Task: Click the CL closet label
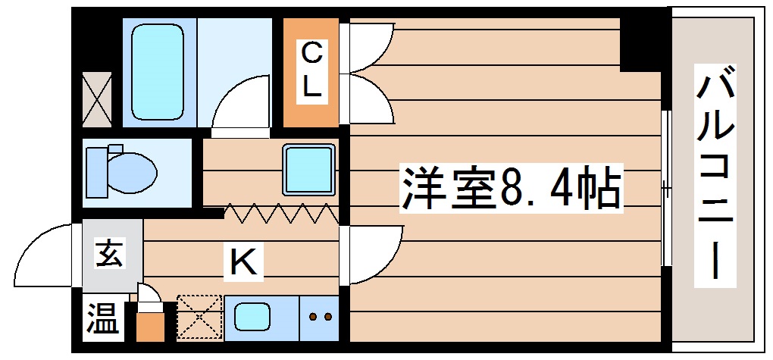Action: pyautogui.click(x=311, y=70)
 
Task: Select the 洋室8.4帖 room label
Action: pyautogui.click(x=511, y=189)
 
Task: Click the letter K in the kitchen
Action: pyautogui.click(x=243, y=263)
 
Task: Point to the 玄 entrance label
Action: pyautogui.click(x=108, y=255)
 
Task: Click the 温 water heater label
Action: pyautogui.click(x=102, y=321)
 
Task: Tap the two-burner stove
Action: pyautogui.click(x=320, y=317)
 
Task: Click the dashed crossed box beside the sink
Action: pyautogui.click(x=200, y=317)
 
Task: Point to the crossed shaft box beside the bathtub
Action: pyautogui.click(x=96, y=99)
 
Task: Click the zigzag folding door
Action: pyautogui.click(x=280, y=214)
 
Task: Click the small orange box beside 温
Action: pyautogui.click(x=150, y=324)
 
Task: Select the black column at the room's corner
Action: pyautogui.click(x=642, y=42)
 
